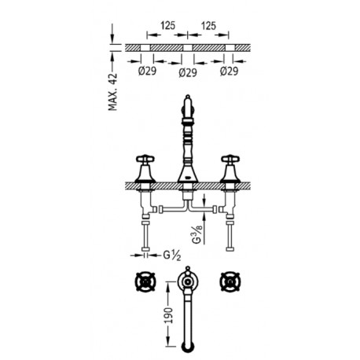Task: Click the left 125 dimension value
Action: (x=167, y=25)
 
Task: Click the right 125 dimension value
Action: (x=208, y=26)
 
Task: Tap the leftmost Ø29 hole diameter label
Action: (x=147, y=71)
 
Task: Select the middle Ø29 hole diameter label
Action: (x=188, y=72)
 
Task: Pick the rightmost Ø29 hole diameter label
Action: (x=229, y=71)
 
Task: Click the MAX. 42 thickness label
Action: (x=113, y=92)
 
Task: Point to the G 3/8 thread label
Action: (x=198, y=233)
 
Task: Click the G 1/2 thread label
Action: (x=172, y=255)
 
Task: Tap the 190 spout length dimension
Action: (x=169, y=315)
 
